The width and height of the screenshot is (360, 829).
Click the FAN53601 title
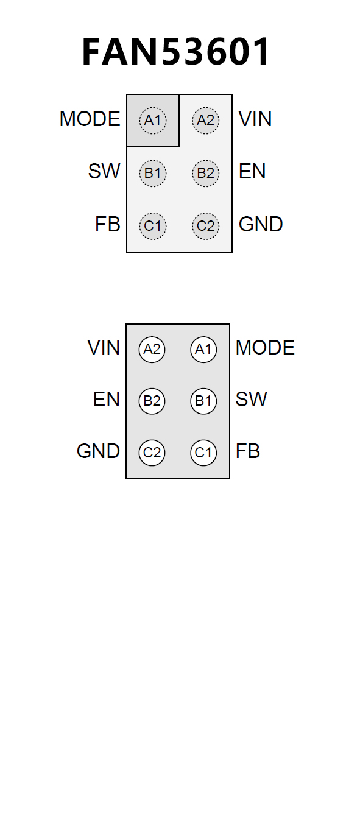coord(176,51)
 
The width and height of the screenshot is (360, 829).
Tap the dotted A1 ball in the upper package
coord(153,120)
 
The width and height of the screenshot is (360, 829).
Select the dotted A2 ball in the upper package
coord(206,120)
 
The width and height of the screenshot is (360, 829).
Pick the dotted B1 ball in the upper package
coord(153,173)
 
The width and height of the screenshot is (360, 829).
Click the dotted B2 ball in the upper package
coord(206,173)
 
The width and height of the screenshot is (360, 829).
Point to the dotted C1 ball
coord(153,226)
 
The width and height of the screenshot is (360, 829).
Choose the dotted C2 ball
coord(206,226)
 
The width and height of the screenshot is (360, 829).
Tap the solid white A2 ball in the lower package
coord(152,350)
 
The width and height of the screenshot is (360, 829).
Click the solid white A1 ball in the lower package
coord(203,350)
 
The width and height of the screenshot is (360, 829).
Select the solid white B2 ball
coord(152,401)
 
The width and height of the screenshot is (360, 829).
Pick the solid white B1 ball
coord(203,401)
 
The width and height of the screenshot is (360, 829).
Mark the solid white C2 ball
coord(152,453)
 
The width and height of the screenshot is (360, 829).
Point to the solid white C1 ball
coord(203,453)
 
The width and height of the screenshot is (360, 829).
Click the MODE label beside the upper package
coord(90,119)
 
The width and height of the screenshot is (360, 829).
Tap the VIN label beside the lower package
coord(104,348)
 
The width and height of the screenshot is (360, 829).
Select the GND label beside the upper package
coord(261,224)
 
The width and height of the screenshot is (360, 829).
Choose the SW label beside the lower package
coord(251,400)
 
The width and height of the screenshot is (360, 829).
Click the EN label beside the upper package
coord(252,171)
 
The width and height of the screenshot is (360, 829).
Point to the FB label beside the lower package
coord(248,451)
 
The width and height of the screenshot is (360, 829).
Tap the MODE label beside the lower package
coord(266,348)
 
